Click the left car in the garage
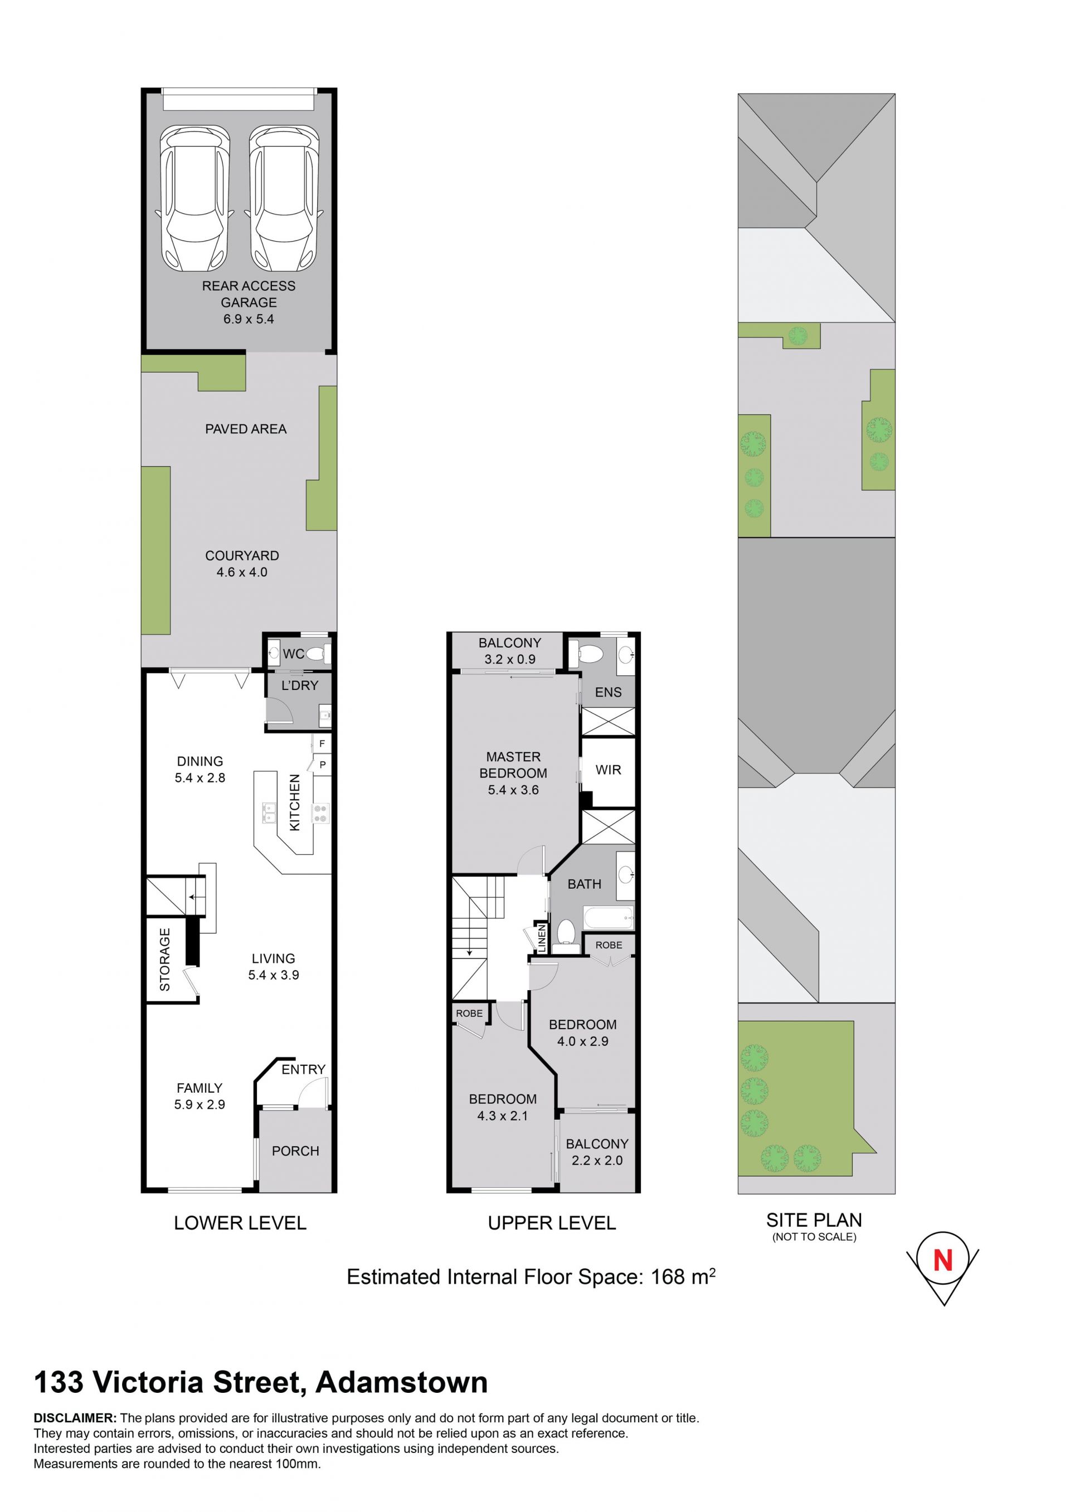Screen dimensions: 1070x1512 coord(195,199)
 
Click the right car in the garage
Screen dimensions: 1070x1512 coord(284,199)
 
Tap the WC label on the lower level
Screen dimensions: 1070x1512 coord(294,654)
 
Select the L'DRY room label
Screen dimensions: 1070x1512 coord(300,686)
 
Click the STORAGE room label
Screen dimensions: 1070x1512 coord(165,960)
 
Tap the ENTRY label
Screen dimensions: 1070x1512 coord(303,1069)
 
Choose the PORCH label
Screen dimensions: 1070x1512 coord(295,1151)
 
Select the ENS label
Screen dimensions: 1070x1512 coord(608,692)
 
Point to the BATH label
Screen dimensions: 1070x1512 coord(585,884)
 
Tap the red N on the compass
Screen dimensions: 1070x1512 coord(943,1260)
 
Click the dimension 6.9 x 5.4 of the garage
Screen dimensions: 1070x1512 coord(249,320)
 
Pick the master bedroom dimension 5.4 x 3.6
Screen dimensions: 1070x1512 coord(513,790)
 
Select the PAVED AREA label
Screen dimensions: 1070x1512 coord(246,429)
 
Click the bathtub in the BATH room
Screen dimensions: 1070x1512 coord(608,917)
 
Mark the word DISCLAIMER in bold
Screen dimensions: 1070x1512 coord(75,1418)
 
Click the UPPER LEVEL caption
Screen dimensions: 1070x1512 coord(552,1224)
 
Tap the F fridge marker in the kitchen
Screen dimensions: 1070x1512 coord(322,744)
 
